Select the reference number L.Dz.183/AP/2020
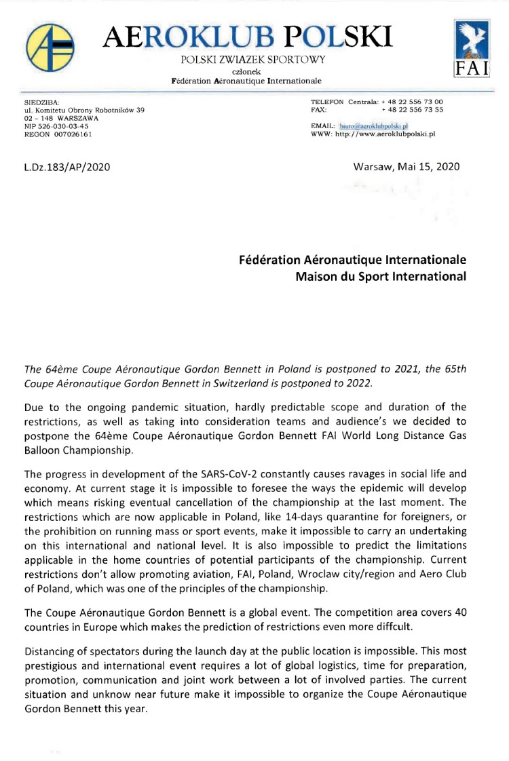[67, 167]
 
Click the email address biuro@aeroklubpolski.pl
[377, 126]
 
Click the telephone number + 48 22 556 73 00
[413, 102]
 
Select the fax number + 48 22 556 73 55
[413, 110]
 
